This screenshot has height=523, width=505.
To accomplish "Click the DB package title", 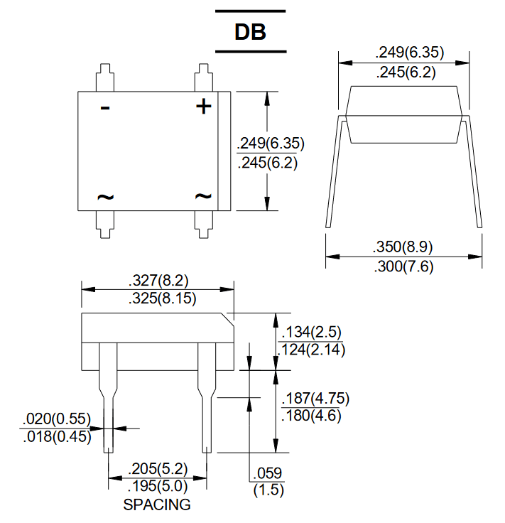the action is pos(250,32).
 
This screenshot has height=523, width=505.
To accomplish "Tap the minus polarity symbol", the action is pos(105,108).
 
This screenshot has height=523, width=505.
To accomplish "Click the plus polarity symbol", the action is pos(204,107).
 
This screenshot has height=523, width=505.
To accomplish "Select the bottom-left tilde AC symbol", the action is pos(105,197).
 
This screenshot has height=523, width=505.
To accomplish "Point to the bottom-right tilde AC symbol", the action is pos(203,196).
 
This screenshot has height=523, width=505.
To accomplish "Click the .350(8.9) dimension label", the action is pos(403,247).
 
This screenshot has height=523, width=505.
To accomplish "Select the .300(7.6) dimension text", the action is pos(403,266).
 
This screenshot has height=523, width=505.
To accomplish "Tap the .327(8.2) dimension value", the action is pos(158,280).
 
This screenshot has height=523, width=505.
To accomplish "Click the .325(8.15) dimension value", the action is pos(163,298).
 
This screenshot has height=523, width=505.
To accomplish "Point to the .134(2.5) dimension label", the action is pos(311,333).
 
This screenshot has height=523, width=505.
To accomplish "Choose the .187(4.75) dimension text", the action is pos(315,398).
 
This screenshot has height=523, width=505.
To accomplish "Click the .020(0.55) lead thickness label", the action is pos(57,419).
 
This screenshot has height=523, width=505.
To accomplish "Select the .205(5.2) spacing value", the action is pos(158,469).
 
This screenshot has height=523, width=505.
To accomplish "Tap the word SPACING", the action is pos(157,505).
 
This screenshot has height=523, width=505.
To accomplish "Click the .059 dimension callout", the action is pos(268,473).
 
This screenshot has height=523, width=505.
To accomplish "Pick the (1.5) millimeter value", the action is pos(268,490).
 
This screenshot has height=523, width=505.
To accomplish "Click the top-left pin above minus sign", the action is pos(105,77).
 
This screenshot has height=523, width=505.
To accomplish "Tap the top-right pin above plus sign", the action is pos(204,77).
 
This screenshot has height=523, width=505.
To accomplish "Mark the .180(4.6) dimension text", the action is pos(311,416).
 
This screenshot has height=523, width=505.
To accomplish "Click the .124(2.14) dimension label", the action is pos(311,350).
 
